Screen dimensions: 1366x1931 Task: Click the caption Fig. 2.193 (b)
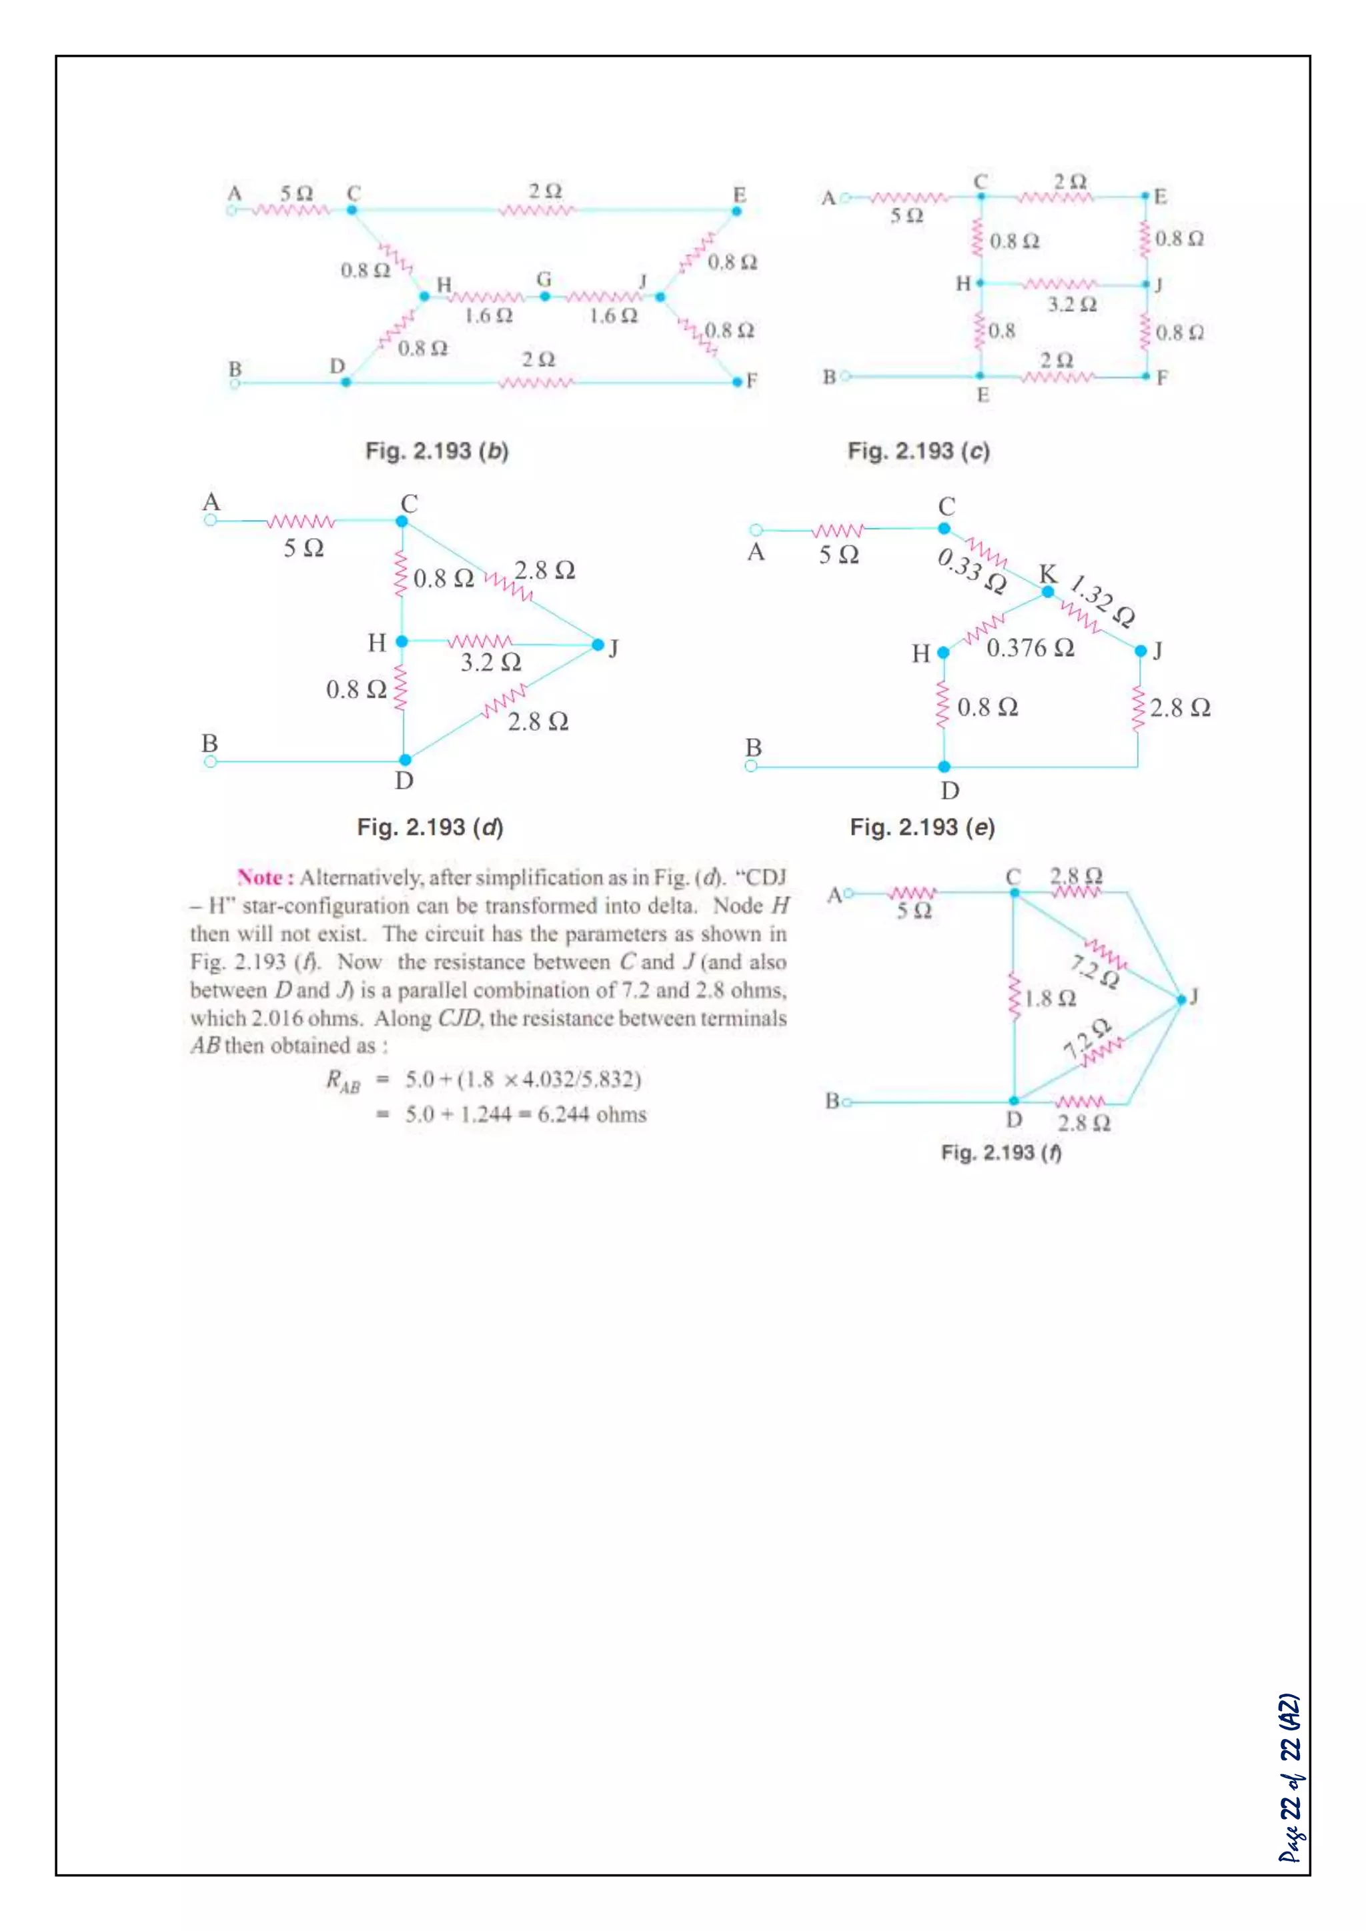point(437,451)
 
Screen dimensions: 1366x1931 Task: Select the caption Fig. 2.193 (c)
point(918,451)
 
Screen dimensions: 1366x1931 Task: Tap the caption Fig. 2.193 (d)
point(430,827)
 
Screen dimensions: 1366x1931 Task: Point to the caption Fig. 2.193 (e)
point(922,827)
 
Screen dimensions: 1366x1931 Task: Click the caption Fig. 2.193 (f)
point(1001,1152)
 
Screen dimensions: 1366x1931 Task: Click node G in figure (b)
point(545,296)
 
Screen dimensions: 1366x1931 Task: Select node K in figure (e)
point(1047,591)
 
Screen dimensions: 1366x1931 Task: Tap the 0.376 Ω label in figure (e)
point(1030,648)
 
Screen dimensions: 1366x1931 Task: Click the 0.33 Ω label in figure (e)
point(972,570)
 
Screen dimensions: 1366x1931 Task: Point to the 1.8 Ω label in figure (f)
point(1050,999)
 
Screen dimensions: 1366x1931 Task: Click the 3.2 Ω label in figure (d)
point(490,663)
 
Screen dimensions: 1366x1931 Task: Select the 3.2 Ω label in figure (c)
point(1072,305)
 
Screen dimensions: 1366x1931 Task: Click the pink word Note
point(264,878)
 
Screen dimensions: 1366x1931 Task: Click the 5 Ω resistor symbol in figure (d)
point(300,522)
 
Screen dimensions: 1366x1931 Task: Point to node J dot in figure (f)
point(1181,999)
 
